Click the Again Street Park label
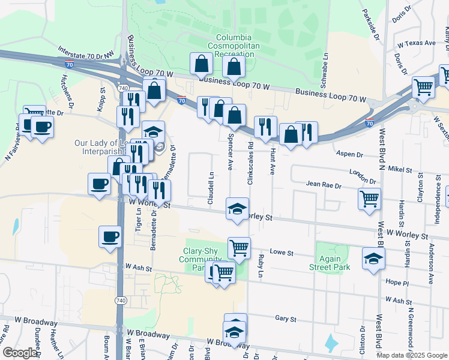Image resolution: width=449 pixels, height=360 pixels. pyautogui.click(x=330, y=262)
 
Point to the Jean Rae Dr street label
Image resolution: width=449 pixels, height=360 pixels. pyautogui.click(x=324, y=185)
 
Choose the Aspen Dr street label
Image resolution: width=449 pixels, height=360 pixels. pyautogui.click(x=349, y=154)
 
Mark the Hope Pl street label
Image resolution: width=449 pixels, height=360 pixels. pyautogui.click(x=397, y=283)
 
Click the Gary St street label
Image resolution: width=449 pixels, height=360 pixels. pyautogui.click(x=282, y=319)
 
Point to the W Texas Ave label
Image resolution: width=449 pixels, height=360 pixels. pyautogui.click(x=415, y=43)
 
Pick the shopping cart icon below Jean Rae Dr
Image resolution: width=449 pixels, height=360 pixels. pyautogui.click(x=369, y=199)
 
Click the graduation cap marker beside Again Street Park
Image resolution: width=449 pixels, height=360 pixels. pyautogui.click(x=373, y=259)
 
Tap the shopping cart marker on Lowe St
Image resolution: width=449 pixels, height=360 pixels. pyautogui.click(x=239, y=247)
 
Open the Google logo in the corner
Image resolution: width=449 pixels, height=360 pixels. pyautogui.click(x=19, y=353)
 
